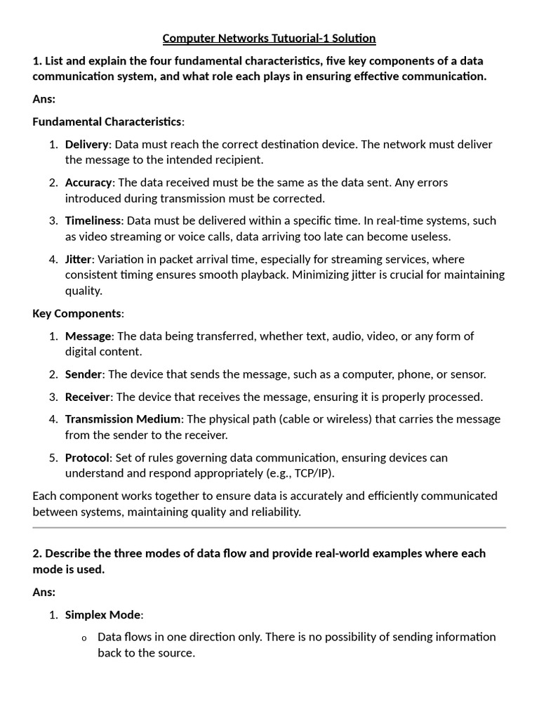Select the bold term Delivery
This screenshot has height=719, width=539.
coord(87,144)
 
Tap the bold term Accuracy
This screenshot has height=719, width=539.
coord(88,183)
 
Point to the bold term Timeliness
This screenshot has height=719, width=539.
coord(93,220)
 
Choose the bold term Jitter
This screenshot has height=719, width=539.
coord(78,259)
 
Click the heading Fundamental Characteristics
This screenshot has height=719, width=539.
coord(107,121)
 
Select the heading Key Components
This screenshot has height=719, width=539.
coord(77,313)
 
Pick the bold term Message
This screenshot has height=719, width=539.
coord(88,336)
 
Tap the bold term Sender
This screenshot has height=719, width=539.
coord(84,374)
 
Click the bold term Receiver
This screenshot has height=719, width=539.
coord(88,397)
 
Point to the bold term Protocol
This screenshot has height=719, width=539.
coord(87,458)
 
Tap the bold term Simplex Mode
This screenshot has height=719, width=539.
coord(102,615)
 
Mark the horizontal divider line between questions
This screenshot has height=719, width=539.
coord(269,527)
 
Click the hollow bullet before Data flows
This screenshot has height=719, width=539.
coord(84,638)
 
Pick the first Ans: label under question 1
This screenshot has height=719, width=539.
coord(44,99)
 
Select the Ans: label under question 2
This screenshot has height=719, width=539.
coord(44,592)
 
